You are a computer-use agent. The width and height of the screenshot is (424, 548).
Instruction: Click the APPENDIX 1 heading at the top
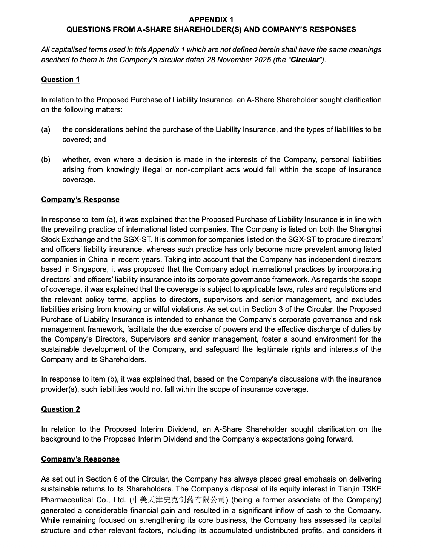211,20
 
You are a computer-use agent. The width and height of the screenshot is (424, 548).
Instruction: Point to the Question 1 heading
60,79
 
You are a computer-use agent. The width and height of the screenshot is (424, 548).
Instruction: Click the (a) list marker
46,129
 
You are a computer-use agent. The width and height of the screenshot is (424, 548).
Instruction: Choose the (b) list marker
46,159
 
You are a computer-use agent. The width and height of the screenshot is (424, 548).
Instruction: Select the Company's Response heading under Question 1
80,199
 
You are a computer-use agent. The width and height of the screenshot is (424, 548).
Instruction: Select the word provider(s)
59,389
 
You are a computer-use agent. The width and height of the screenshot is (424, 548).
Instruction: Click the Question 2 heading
60,409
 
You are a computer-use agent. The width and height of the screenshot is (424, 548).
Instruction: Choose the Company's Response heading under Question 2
80,459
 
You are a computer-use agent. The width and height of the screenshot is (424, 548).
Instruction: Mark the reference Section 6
104,479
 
